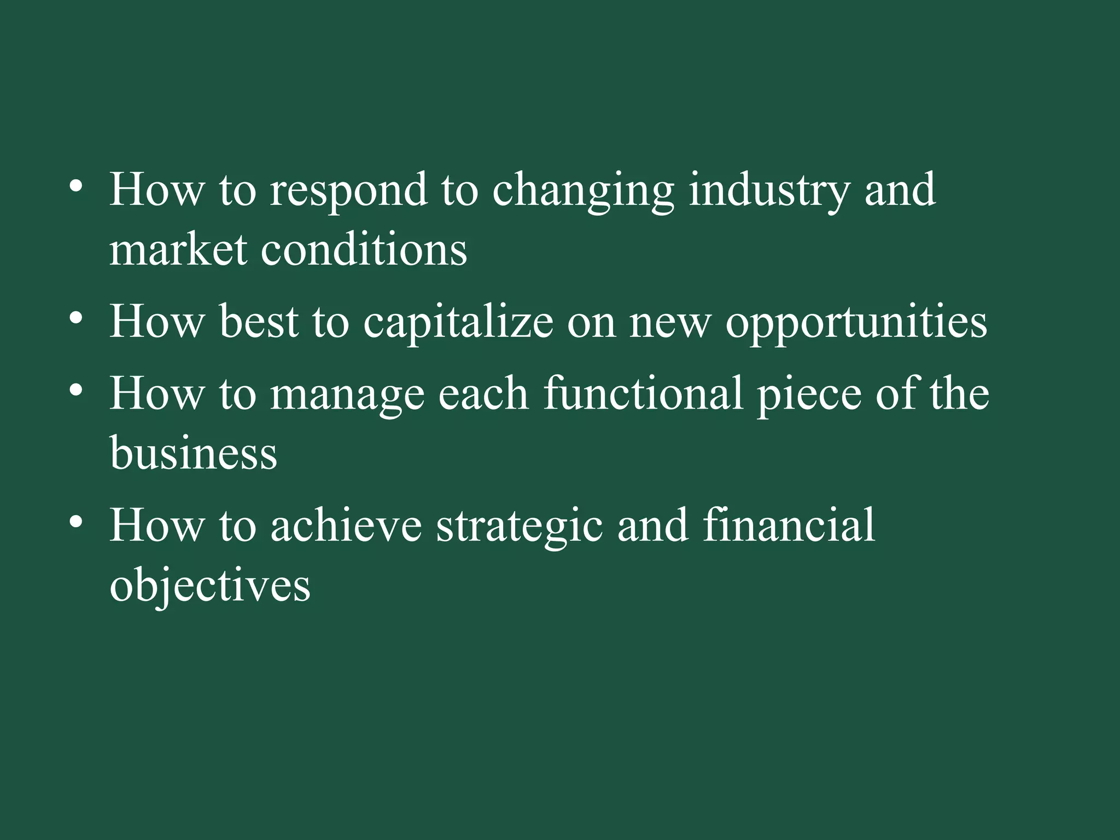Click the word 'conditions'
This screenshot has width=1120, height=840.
click(364, 250)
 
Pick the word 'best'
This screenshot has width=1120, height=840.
click(259, 323)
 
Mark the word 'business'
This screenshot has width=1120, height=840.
click(193, 454)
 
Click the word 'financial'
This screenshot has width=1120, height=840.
click(789, 525)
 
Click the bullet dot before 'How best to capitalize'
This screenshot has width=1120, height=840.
click(76, 318)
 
